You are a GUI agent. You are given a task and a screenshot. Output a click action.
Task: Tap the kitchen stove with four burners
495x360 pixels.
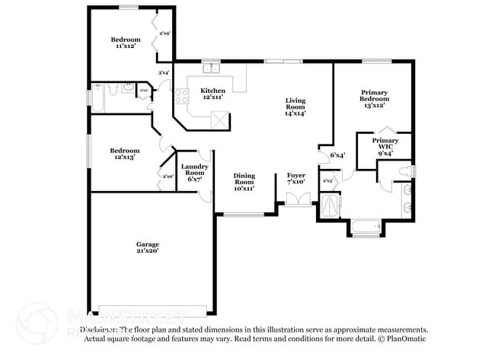pos(182,96)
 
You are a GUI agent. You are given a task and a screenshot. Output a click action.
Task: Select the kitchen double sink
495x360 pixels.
pos(212,68)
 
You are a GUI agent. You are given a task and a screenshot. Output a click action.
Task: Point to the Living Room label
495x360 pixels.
pos(295,107)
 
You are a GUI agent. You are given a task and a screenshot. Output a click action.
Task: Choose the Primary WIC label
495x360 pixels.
pos(385,146)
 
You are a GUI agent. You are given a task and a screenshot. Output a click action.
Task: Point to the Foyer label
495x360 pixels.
pos(295,178)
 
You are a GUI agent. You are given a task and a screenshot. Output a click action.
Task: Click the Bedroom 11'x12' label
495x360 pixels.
pos(125,43)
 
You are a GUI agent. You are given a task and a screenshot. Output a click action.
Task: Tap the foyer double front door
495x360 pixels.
pos(299,199)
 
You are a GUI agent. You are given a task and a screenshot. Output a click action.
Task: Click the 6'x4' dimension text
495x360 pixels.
pos(337,155)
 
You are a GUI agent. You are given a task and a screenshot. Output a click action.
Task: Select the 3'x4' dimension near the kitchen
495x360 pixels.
pos(163,72)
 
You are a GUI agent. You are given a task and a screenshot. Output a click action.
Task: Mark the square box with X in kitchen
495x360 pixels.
pos(219,118)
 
